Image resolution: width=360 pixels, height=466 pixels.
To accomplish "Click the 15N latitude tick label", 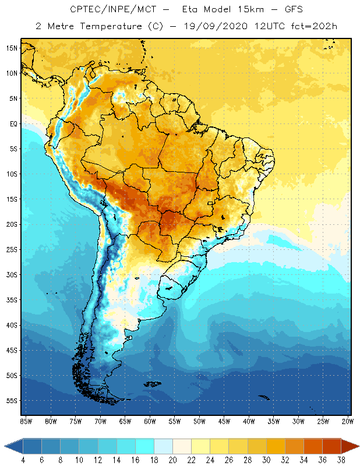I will (12, 48).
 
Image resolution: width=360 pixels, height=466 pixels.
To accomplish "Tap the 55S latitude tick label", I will (12, 401).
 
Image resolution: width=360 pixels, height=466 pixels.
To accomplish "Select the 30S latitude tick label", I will (12, 274).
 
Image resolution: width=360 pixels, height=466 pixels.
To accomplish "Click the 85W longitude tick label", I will (26, 421).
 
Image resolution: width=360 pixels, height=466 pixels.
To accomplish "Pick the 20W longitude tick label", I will (347, 421).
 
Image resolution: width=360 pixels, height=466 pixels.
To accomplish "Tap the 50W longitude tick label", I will (199, 421).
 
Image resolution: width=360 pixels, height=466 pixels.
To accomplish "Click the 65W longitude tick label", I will (125, 421).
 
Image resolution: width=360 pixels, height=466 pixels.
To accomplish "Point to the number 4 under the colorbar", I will (23, 460).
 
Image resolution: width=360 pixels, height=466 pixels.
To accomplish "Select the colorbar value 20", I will (172, 460).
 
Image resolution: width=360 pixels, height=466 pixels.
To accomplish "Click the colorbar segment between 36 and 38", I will (331, 446).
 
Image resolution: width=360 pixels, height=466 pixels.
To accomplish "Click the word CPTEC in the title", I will (86, 10).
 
